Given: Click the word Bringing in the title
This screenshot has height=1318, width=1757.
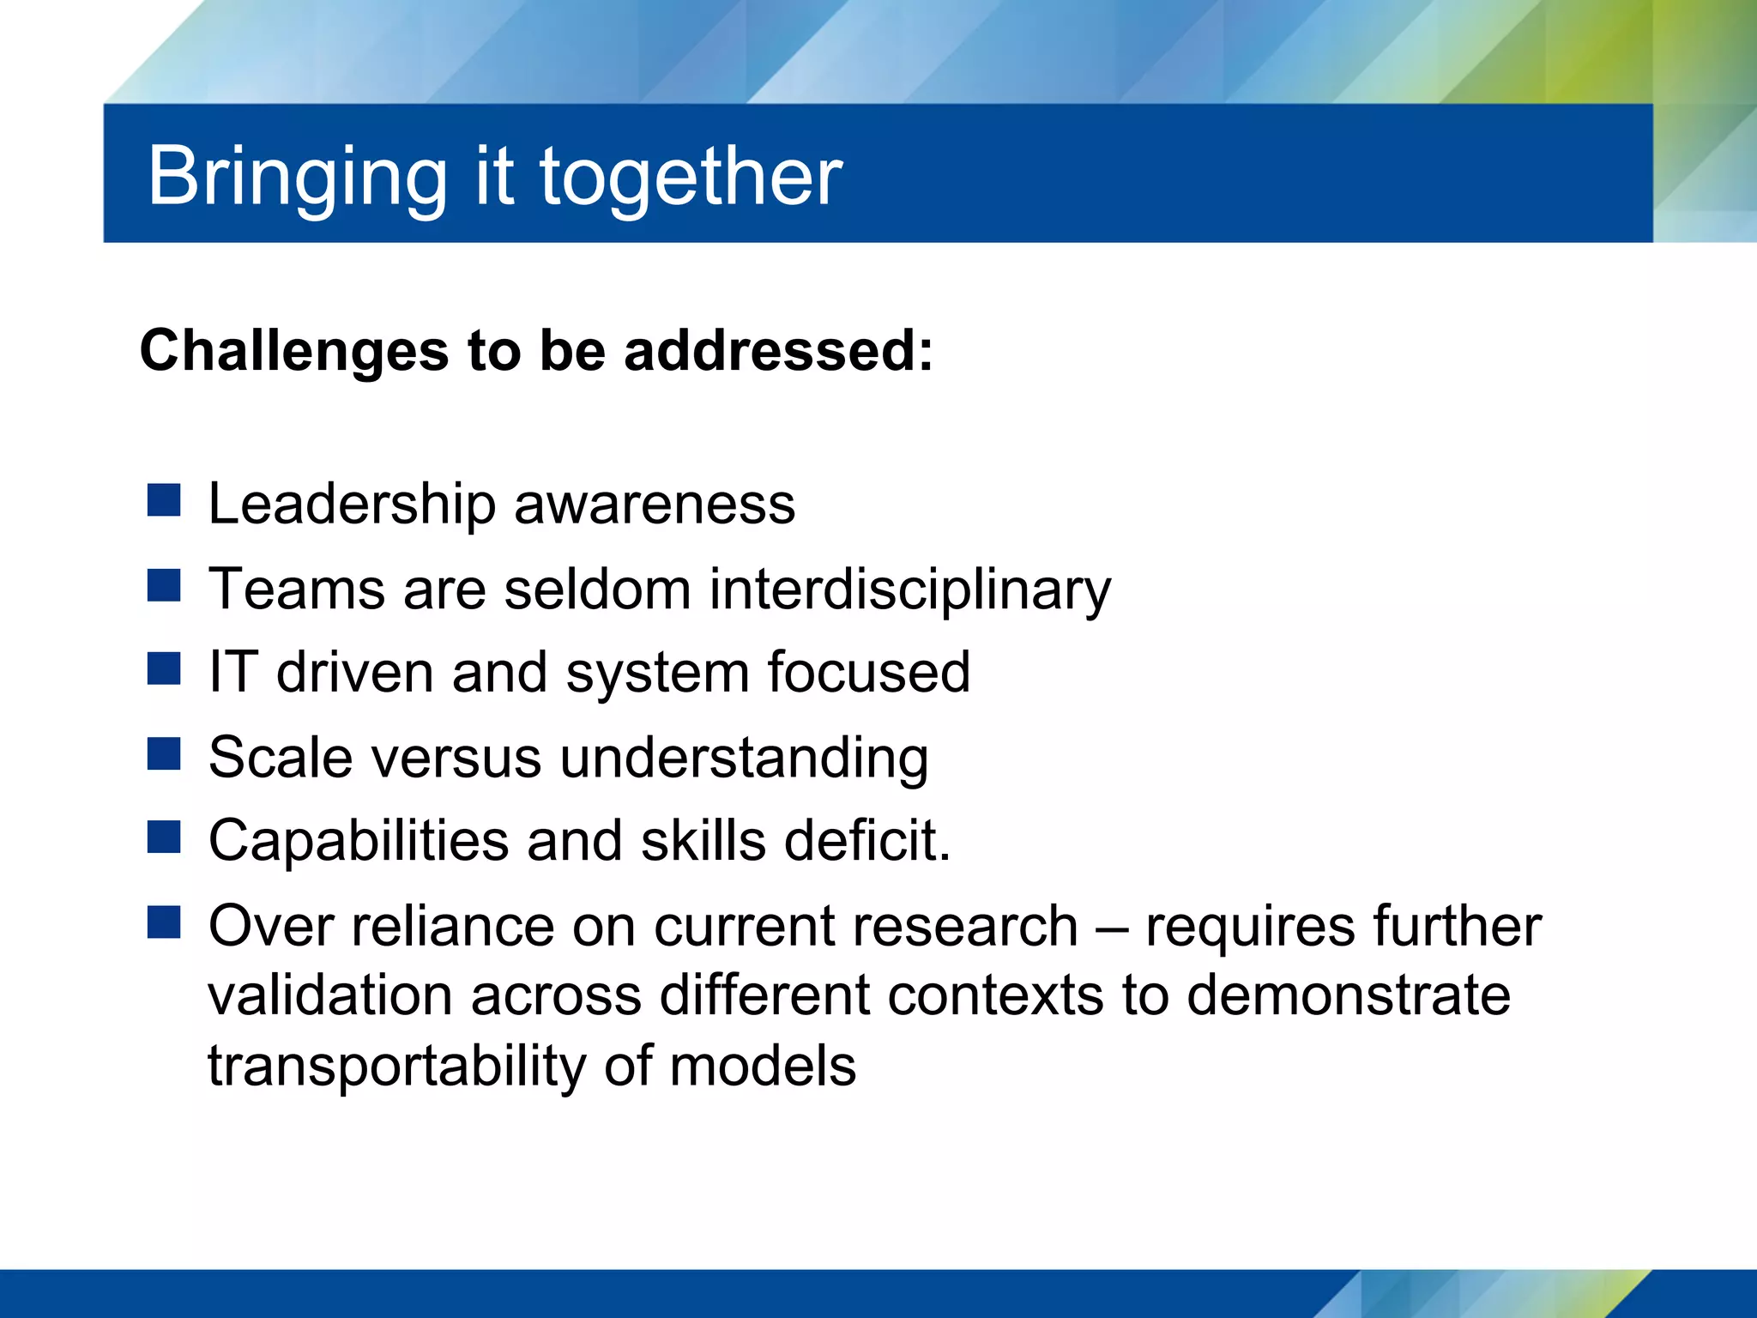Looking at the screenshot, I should [x=297, y=178].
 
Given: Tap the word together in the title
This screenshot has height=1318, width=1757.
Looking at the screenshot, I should [x=691, y=178].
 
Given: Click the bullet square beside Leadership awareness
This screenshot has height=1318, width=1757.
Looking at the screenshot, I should [x=163, y=500].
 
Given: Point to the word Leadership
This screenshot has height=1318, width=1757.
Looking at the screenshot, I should [x=352, y=504].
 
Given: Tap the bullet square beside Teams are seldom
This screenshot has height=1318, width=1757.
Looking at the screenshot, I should [x=163, y=585].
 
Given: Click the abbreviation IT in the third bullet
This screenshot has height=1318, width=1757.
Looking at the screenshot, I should [x=233, y=671].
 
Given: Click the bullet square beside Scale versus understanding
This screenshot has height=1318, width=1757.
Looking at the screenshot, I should [x=163, y=753].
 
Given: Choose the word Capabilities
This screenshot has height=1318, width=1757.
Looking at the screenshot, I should [x=359, y=841].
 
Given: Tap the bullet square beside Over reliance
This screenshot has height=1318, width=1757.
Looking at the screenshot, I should [x=163, y=922].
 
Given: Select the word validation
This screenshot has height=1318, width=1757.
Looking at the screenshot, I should [x=329, y=995].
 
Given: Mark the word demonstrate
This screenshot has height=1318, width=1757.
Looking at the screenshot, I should [x=1348, y=995].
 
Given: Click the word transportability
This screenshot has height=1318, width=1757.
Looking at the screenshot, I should [x=397, y=1067].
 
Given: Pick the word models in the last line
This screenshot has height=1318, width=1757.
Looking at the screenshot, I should [x=762, y=1066].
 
